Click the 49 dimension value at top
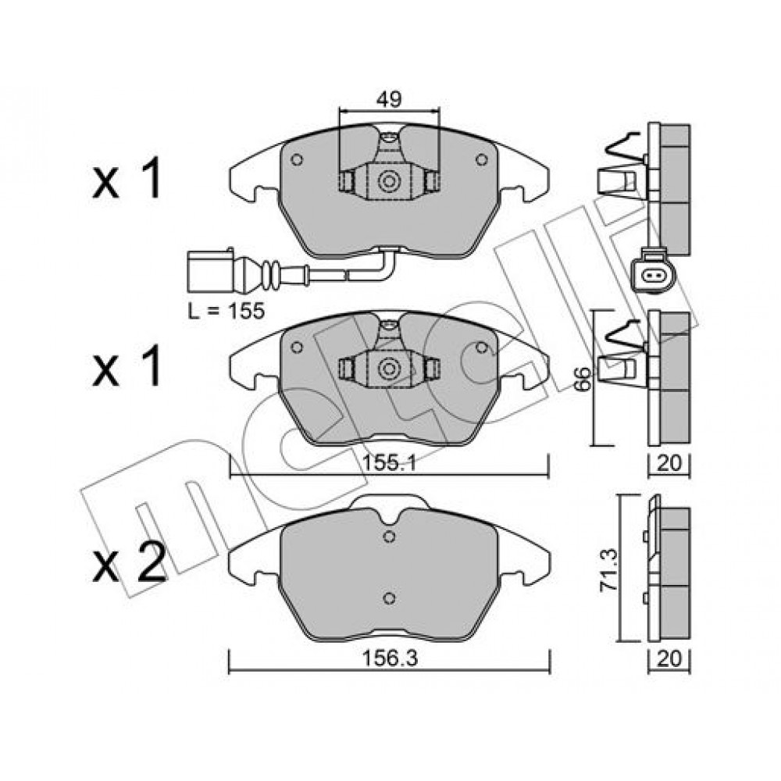[389, 100]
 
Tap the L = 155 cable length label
[226, 312]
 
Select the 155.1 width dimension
[389, 464]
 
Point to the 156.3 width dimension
[389, 658]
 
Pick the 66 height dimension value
[583, 379]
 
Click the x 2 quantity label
[129, 563]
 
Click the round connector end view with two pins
[652, 274]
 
